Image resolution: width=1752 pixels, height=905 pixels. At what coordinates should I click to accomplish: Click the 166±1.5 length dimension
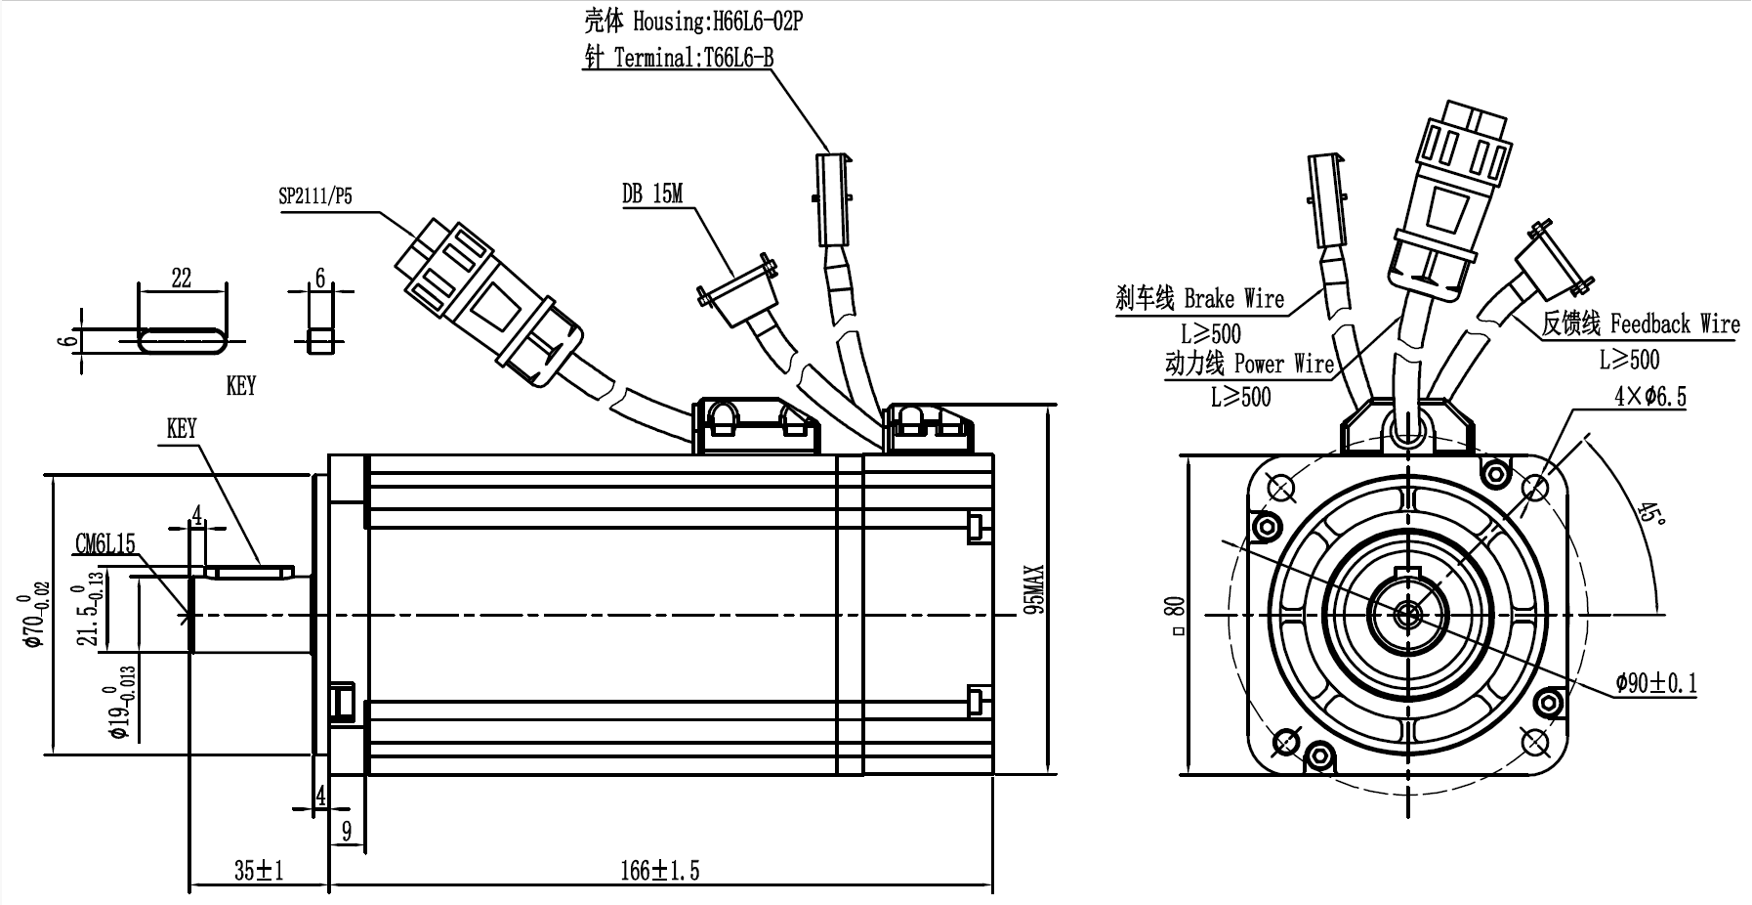660,870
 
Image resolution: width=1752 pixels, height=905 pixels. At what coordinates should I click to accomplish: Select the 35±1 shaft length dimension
258,870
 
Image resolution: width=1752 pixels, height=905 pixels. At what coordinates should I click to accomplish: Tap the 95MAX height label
1036,588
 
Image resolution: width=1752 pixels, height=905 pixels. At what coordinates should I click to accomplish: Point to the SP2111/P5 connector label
314,196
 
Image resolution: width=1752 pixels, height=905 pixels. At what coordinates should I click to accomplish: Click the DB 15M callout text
652,194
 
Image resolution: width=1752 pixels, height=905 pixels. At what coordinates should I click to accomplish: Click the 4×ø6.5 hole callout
1649,396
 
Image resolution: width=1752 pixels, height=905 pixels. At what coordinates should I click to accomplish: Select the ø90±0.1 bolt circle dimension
1655,683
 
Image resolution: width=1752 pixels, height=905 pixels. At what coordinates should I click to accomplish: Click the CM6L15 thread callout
105,544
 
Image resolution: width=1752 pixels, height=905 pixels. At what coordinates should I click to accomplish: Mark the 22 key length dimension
182,278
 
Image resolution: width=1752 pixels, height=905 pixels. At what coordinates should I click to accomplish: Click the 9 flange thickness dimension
346,832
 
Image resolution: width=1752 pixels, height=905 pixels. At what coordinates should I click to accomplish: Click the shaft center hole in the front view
1407,614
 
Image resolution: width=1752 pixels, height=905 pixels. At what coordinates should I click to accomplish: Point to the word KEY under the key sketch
240,385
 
